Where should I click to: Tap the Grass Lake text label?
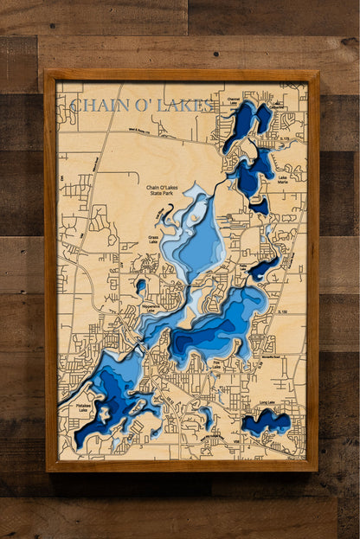click(157, 240)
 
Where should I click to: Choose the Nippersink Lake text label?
click(128, 307)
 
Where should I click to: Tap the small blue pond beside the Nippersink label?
click(141, 285)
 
